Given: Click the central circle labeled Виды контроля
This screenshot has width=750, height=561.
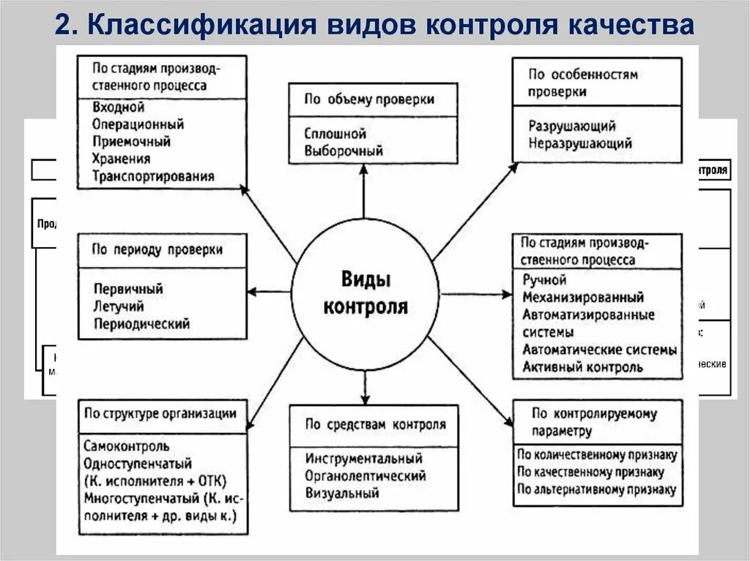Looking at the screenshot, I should click(x=365, y=293).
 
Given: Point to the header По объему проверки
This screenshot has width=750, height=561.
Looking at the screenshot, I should click(x=370, y=99).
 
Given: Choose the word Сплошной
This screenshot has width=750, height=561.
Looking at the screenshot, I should click(x=335, y=135).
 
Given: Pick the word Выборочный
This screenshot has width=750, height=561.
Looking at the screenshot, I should click(x=344, y=151).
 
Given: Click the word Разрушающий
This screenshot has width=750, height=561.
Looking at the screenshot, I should click(x=572, y=127).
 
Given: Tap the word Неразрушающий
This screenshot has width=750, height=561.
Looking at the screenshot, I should click(x=580, y=143).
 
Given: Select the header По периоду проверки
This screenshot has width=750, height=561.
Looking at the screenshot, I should click(x=157, y=249).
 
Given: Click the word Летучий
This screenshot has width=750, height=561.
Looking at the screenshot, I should click(x=119, y=306).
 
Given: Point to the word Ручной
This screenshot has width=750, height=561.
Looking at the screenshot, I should click(x=544, y=280).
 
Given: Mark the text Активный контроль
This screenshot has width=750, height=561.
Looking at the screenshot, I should click(x=583, y=367).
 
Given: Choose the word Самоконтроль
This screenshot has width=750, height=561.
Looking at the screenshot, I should click(x=127, y=445).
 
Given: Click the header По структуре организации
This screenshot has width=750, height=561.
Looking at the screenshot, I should click(x=160, y=414).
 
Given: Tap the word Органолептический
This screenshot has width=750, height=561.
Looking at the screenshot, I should click(x=366, y=476).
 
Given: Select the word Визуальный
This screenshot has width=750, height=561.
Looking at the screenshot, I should click(x=343, y=493).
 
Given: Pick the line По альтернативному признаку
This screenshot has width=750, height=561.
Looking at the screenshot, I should click(x=596, y=489).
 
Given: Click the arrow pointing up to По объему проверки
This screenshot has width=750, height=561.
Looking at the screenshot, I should click(x=364, y=197).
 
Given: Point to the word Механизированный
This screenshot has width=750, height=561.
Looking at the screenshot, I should click(x=583, y=298).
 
